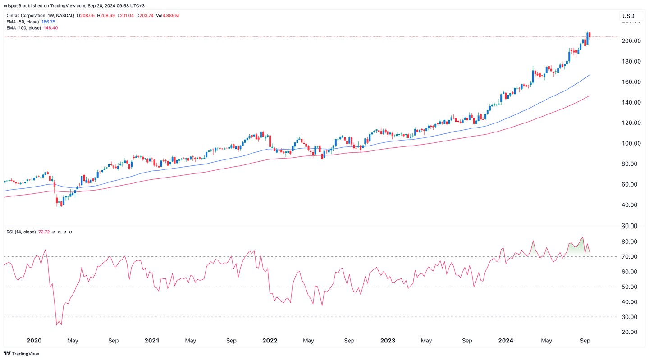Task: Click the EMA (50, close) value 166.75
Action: [x=48, y=22]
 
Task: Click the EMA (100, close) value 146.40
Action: [x=50, y=28]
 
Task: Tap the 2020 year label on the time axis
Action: [x=34, y=341]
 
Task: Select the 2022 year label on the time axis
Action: [x=270, y=341]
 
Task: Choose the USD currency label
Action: [x=628, y=16]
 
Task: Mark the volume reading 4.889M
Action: [x=170, y=15]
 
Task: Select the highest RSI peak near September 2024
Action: [x=583, y=237]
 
